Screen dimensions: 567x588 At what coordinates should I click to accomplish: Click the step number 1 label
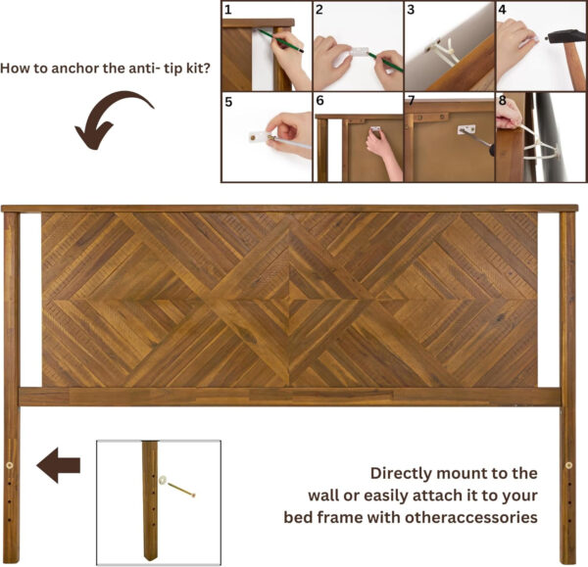point(227,11)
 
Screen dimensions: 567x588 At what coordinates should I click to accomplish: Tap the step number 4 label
point(503,11)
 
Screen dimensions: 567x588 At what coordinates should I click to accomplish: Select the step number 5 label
point(227,100)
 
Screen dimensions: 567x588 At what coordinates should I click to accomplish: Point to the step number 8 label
point(503,100)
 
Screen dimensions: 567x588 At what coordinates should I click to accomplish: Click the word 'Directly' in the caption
point(403,472)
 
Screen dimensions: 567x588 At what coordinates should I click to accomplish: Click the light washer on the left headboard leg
point(11,463)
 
